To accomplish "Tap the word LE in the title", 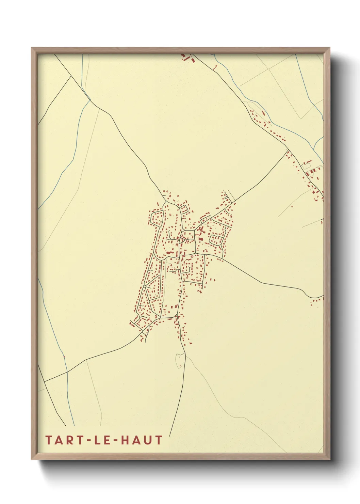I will pyautogui.click(x=99, y=440).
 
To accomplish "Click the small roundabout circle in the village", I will pyautogui.click(x=145, y=287).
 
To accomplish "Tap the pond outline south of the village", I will pyautogui.click(x=178, y=360).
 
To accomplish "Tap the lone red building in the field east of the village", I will pyautogui.click(x=292, y=206).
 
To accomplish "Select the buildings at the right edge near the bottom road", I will pyautogui.click(x=317, y=302).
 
